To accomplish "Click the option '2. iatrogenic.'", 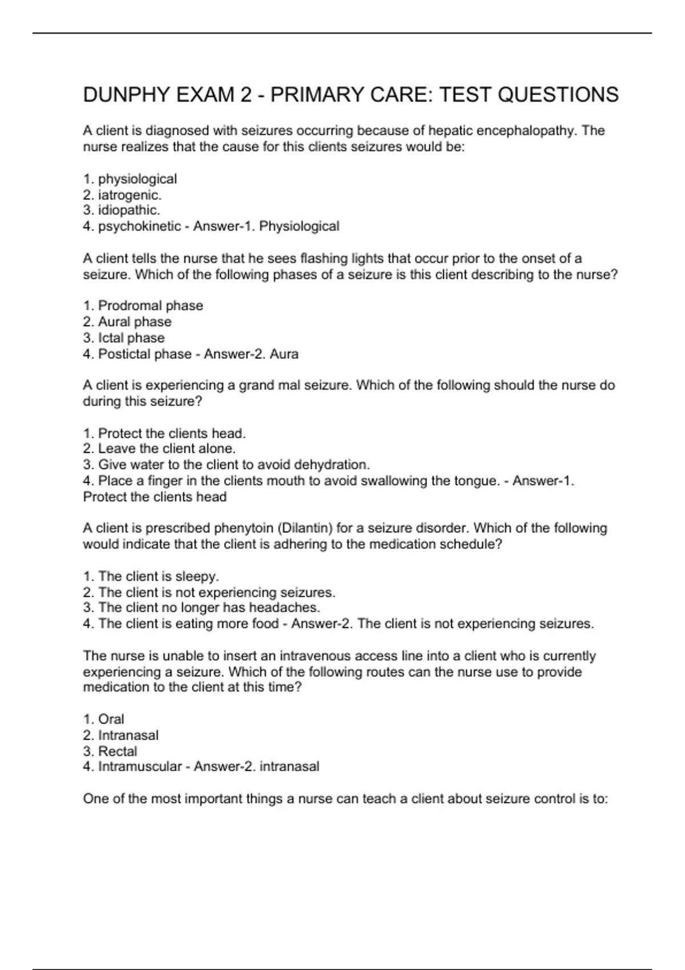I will (122, 195).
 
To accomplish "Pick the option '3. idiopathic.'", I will (121, 210).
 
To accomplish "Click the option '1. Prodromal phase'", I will (143, 306).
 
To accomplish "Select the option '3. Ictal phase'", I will (124, 338).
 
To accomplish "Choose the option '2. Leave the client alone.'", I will (159, 448).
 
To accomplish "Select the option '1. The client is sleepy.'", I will (151, 576).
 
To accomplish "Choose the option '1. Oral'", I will (103, 719).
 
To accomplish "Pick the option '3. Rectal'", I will (110, 751).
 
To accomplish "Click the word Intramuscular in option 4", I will (139, 766).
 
